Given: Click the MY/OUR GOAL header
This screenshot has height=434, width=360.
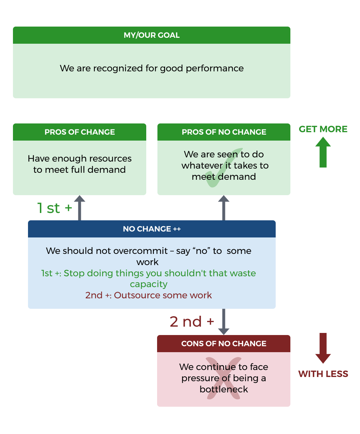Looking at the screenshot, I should point(151,35).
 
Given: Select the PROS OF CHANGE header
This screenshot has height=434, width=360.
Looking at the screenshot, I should point(79,132).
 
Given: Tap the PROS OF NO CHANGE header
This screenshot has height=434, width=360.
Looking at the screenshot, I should point(224,132).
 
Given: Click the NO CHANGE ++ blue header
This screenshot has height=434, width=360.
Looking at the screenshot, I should point(151,229).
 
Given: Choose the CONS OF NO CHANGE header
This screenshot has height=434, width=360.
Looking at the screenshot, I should point(224,344).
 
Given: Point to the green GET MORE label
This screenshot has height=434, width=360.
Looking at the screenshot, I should point(323,129).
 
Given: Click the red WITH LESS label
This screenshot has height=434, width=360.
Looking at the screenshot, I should point(323,374).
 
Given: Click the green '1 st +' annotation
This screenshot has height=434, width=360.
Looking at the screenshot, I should point(55,208).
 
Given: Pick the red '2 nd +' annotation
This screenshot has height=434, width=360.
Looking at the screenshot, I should point(192,322).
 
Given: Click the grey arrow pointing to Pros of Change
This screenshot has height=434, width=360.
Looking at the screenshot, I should point(79,208).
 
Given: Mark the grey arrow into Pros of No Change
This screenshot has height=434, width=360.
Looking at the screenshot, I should point(224,208).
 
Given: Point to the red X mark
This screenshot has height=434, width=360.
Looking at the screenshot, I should point(223,378).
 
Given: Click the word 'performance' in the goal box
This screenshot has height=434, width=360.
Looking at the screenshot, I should point(214,69).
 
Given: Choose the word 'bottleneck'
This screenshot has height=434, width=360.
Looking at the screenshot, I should point(224,389).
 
